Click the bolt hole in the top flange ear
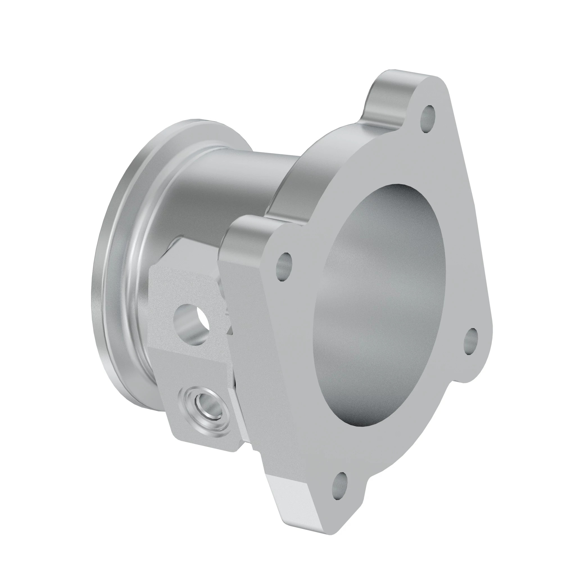click(x=429, y=119)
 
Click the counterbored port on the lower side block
click(x=204, y=404)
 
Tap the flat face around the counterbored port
click(x=186, y=425)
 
